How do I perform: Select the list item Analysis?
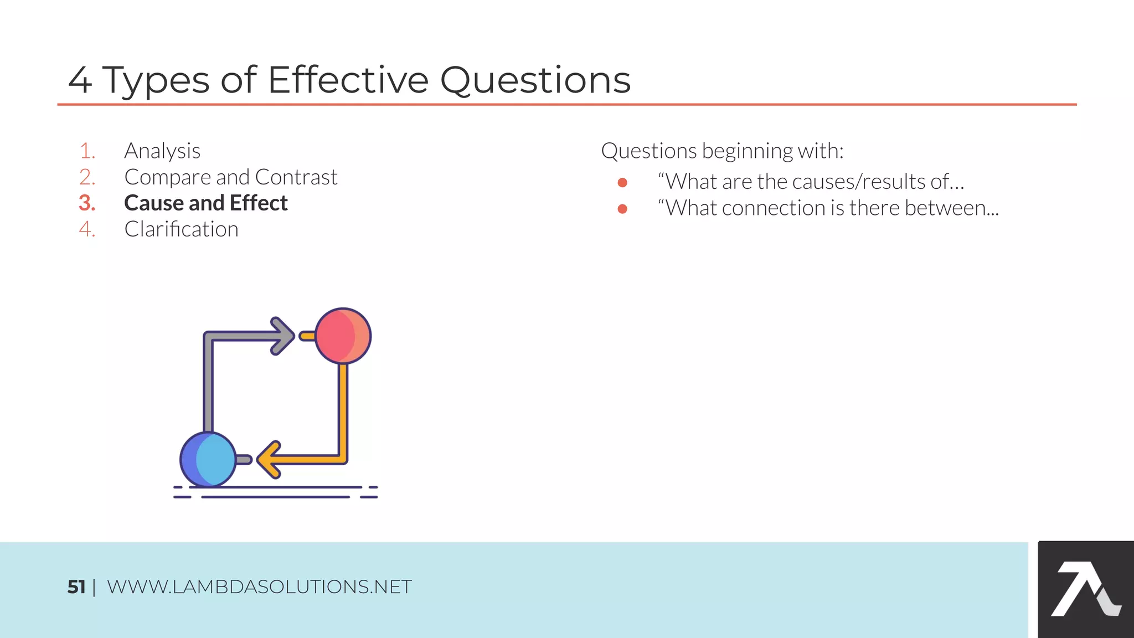click(x=162, y=151)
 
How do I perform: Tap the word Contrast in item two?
click(x=296, y=177)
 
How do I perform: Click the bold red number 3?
click(x=87, y=203)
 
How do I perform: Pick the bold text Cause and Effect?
click(x=205, y=203)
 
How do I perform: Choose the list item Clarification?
click(x=181, y=229)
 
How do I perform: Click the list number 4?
click(x=87, y=229)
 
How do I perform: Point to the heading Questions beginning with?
click(x=721, y=151)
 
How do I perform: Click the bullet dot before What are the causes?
click(x=622, y=183)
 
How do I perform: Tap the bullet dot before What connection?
click(x=622, y=209)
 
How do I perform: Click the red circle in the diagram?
click(x=343, y=336)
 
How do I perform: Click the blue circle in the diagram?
click(x=208, y=459)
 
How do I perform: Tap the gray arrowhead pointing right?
click(x=283, y=336)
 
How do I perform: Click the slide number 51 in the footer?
click(x=76, y=586)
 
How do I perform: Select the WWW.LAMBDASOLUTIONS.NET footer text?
click(x=259, y=586)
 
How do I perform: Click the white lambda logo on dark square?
click(x=1085, y=589)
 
